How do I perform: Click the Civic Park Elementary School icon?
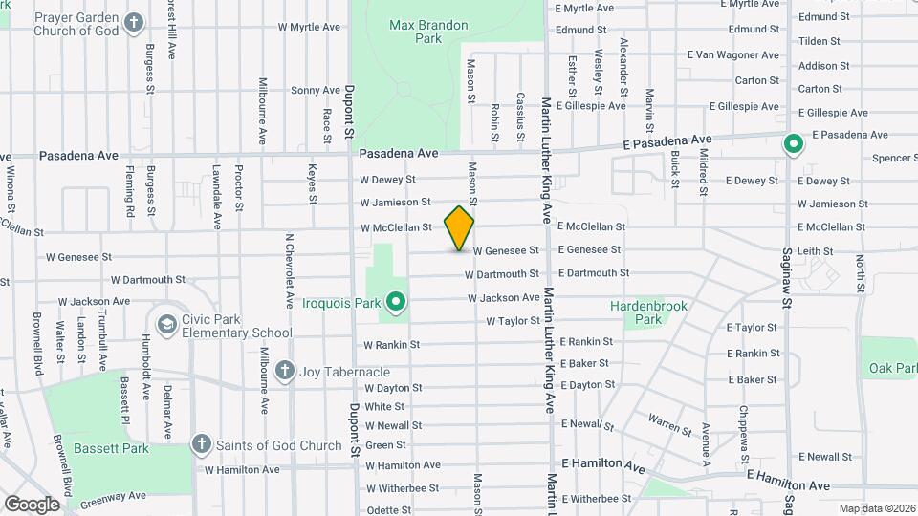coord(167,325)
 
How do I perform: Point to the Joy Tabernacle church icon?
coord(284,371)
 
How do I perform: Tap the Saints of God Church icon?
coord(201,444)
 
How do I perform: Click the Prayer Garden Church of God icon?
coord(135,22)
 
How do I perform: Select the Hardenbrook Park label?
coord(649,312)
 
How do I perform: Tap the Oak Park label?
coord(892,368)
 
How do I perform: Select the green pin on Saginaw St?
coord(793,145)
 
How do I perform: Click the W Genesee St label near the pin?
coord(505,249)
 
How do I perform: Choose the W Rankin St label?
coord(391,344)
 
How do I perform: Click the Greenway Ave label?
coord(113,496)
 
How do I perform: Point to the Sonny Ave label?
coord(316,91)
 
